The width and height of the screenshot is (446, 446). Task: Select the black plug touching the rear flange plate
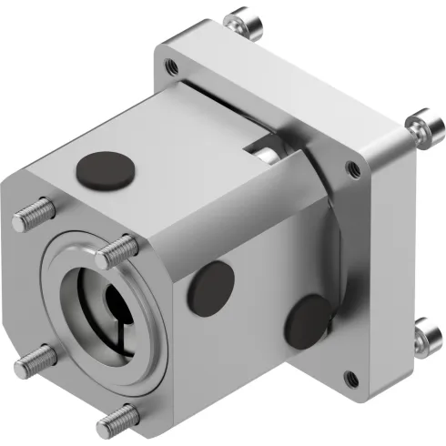point(308,319)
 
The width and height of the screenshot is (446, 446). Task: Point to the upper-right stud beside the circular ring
point(119,248)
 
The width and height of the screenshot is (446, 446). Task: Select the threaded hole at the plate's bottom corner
point(349,377)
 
